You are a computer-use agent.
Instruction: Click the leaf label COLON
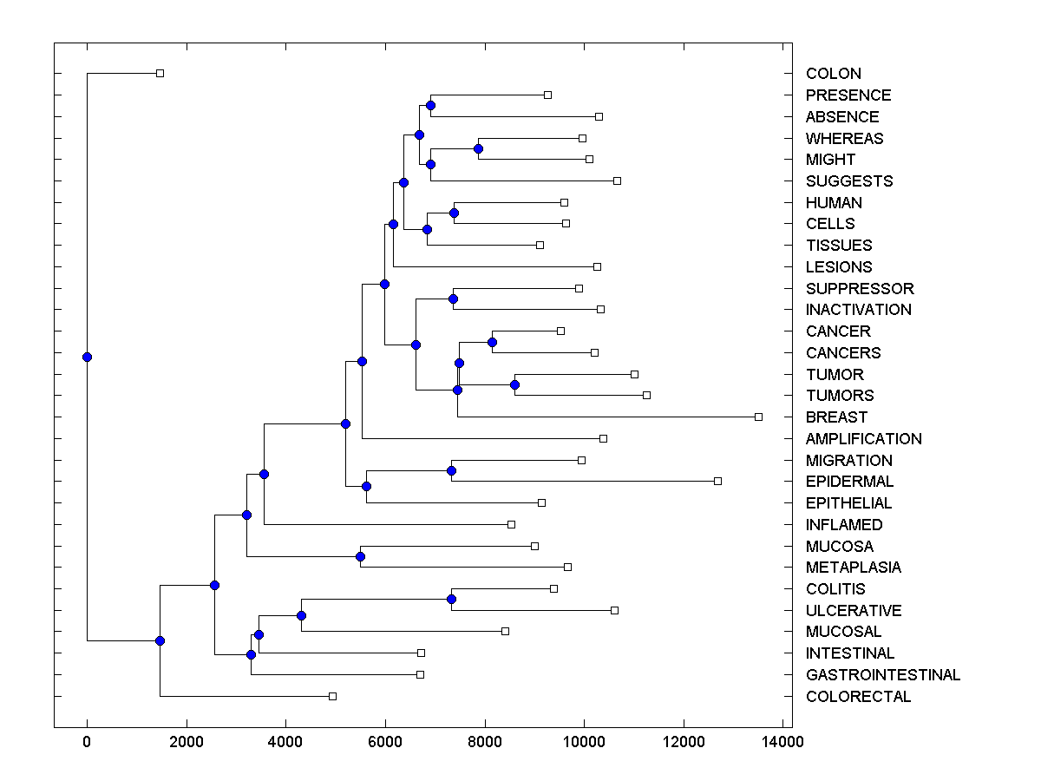tap(833, 74)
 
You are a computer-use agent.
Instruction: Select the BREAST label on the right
tap(836, 417)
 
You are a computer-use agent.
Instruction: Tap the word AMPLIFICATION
tap(863, 439)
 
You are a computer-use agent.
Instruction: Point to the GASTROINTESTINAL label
tap(882, 675)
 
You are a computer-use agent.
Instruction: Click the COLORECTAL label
tap(858, 697)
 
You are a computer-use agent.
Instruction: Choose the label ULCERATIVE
tap(853, 611)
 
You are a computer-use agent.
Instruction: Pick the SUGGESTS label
tap(848, 181)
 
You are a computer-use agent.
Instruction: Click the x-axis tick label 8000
tap(484, 741)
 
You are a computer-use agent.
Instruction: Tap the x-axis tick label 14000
tap(782, 741)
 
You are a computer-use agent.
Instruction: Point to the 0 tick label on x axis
tap(87, 741)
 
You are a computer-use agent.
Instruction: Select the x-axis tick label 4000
tap(285, 741)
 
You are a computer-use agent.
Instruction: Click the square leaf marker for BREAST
tap(758, 417)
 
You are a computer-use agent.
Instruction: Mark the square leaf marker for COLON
tap(160, 73)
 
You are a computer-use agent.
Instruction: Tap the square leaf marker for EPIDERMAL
tap(717, 481)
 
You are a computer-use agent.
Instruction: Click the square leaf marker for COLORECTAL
tap(332, 696)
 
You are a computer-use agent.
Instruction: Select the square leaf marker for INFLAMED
tap(511, 524)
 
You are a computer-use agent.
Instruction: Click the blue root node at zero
tap(87, 357)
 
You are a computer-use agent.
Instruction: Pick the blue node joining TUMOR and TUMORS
tap(514, 384)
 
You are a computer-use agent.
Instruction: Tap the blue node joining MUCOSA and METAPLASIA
tap(360, 556)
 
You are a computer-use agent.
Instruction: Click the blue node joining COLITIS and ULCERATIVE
tap(451, 599)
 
